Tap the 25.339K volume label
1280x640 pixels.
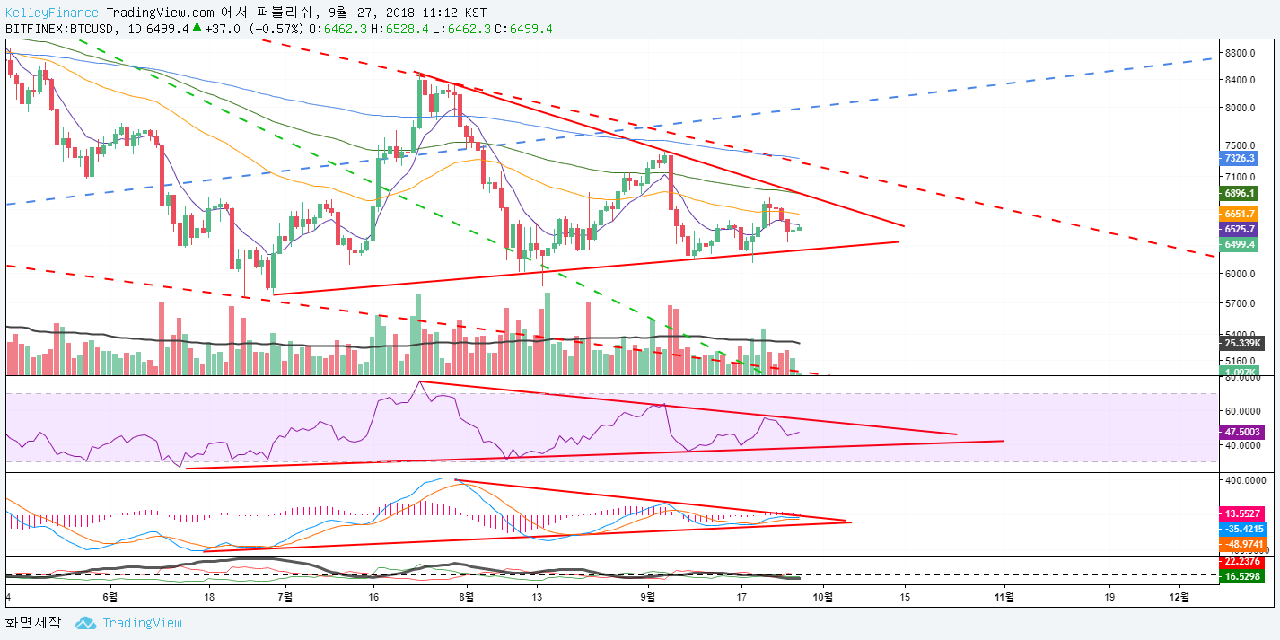1244,343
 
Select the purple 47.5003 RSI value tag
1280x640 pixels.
1242,432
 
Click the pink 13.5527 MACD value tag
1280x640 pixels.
1242,513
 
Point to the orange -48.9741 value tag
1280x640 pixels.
1242,545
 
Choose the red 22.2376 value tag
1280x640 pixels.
1242,562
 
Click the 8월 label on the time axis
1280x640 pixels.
466,595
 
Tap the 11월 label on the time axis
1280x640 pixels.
1004,595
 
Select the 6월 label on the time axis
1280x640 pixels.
110,595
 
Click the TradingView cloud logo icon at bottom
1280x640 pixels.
86,623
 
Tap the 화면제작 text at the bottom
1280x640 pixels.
33,623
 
